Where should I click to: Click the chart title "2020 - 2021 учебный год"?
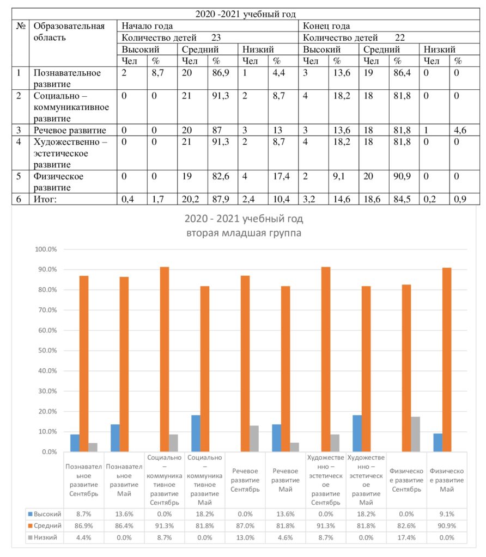pos(244,219)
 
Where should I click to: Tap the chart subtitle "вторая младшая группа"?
pos(244,233)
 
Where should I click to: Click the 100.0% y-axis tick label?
pos(46,249)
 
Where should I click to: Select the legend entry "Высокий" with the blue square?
pos(45,514)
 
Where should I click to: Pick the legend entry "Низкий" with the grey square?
pos(42,537)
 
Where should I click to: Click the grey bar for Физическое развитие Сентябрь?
pos(415,434)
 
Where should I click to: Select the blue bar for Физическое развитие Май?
pos(438,443)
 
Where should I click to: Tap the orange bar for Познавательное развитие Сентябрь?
pos(84,364)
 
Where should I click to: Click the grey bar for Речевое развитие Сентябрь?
pos(254,439)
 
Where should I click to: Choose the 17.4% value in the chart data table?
pos(406,537)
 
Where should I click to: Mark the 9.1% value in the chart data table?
pos(447,514)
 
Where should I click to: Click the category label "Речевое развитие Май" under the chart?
pos(285,480)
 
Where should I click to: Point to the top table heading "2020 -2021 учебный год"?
pos(246,14)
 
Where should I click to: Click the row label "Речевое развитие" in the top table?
pos(70,130)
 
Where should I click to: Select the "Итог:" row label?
pos(45,199)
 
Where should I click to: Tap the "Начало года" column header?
pos(147,26)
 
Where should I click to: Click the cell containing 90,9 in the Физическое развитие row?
pos(402,176)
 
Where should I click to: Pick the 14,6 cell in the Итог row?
pos(342,199)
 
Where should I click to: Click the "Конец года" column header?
pos(326,26)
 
